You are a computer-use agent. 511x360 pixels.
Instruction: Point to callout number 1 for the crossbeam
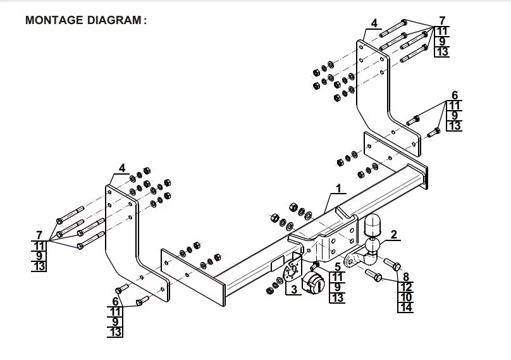(x=338, y=189)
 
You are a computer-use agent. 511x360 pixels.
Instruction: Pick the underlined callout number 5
(x=338, y=267)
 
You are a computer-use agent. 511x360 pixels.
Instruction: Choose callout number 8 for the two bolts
(x=406, y=276)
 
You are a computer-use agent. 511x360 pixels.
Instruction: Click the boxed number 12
(x=406, y=287)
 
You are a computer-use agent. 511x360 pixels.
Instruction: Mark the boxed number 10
(x=406, y=297)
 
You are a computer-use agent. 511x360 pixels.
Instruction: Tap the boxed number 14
(x=406, y=308)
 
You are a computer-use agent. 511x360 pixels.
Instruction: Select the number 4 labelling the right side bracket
(x=374, y=23)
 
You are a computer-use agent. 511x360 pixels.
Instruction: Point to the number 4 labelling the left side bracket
(x=122, y=168)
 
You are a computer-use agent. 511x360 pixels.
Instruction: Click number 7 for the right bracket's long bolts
(x=442, y=20)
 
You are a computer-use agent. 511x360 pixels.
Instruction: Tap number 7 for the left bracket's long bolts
(x=39, y=235)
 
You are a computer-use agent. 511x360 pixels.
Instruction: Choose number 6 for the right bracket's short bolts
(x=454, y=95)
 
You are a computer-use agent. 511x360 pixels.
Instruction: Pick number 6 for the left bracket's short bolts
(x=115, y=301)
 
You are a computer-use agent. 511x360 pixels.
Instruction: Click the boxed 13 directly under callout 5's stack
(x=338, y=298)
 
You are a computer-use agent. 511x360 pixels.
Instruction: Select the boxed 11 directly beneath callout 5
(x=338, y=277)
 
